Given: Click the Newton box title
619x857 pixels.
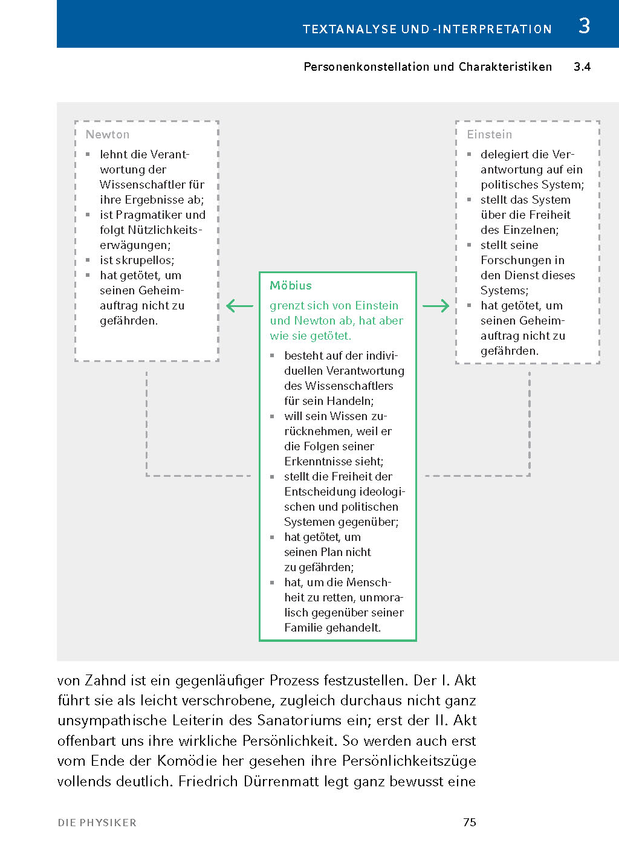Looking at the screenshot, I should coord(108,135).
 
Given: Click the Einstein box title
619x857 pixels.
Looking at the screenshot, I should coord(490,135).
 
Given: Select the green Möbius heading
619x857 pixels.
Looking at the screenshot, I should coord(291,286).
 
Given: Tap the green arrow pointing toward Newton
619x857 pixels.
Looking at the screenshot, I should coord(239,306).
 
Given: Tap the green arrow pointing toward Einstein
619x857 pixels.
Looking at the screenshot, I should coord(436,306).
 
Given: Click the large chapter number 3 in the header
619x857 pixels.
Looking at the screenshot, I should coord(584,26).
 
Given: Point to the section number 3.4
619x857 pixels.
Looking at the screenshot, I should coord(582,67).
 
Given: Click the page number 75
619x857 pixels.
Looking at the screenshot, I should coord(470,822).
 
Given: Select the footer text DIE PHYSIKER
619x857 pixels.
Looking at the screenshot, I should coord(97,823).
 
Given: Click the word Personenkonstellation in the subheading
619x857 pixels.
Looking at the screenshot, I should coord(367,67).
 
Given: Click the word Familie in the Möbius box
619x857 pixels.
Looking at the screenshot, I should coord(304,628).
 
